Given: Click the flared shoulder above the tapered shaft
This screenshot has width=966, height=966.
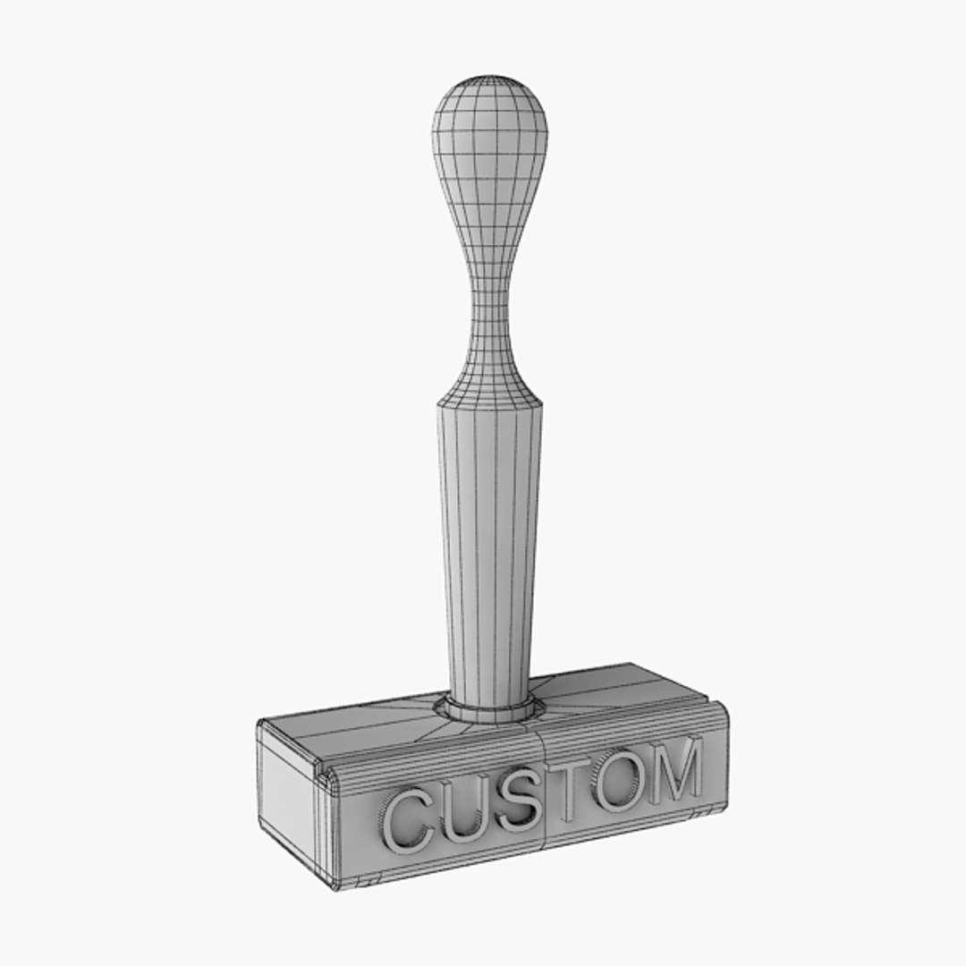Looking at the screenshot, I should click(488, 380).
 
